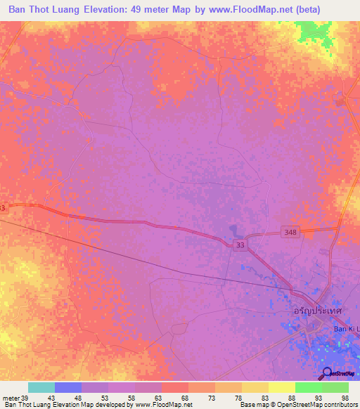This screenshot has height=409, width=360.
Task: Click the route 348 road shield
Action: pos(292,232)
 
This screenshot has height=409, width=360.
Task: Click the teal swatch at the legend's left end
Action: pos(41,387)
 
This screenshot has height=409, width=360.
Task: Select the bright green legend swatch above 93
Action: pos(308,387)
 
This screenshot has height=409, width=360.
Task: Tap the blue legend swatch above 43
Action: pos(67,387)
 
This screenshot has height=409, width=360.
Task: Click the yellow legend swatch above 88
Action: pos(281,387)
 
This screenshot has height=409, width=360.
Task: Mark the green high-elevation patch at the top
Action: pos(313,32)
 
